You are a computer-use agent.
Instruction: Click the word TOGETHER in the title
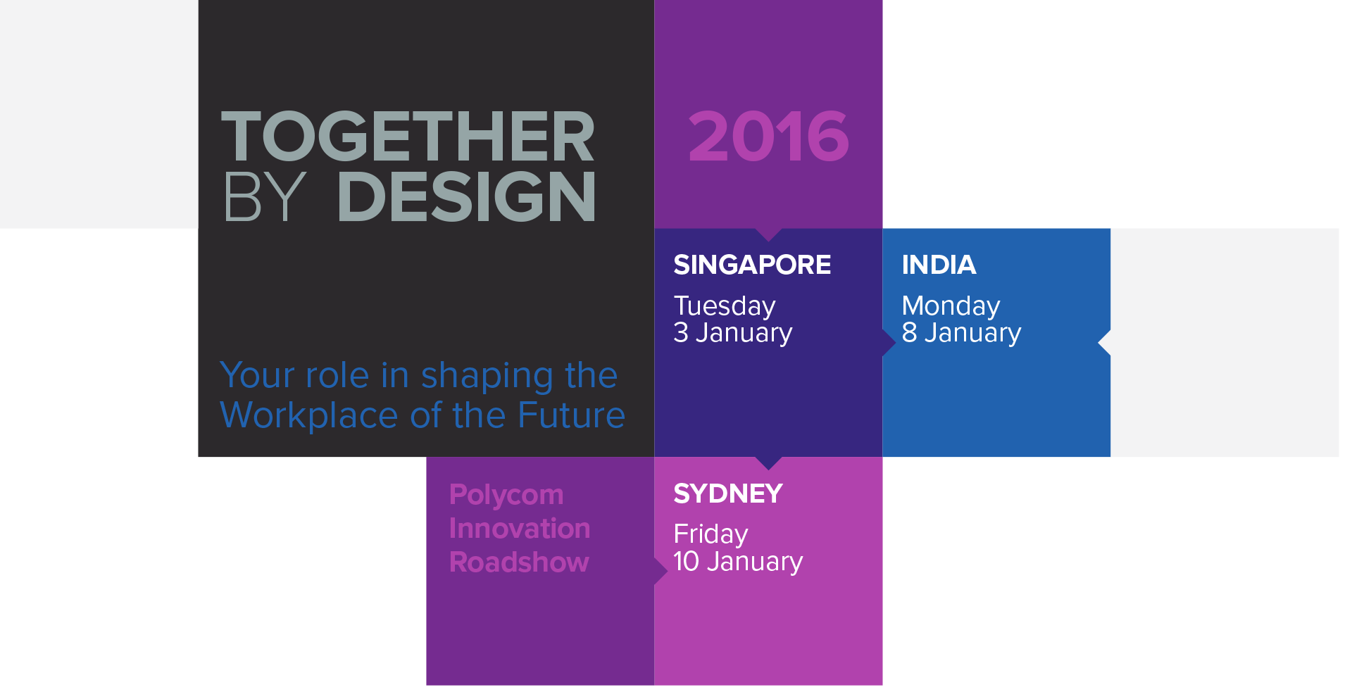click(x=408, y=137)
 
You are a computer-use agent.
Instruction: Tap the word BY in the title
click(x=264, y=197)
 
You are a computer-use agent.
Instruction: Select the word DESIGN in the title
click(x=467, y=197)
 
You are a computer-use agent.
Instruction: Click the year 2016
click(x=768, y=137)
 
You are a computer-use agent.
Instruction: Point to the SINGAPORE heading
click(x=752, y=265)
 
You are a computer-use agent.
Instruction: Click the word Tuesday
click(x=725, y=306)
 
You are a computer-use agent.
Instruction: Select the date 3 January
click(x=732, y=332)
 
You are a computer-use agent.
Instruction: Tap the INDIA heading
click(x=939, y=265)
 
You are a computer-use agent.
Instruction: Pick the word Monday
click(x=951, y=306)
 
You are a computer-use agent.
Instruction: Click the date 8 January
click(x=961, y=332)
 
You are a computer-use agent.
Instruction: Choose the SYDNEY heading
click(x=728, y=493)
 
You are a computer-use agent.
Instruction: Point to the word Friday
click(x=711, y=534)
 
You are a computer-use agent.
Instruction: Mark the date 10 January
click(x=738, y=561)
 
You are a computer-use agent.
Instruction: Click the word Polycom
click(x=506, y=495)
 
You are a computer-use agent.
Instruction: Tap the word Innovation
click(x=520, y=529)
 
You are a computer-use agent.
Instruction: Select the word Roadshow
click(x=519, y=562)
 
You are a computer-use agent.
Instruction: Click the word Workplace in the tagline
click(x=309, y=415)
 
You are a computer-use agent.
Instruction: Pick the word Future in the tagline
click(x=571, y=415)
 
